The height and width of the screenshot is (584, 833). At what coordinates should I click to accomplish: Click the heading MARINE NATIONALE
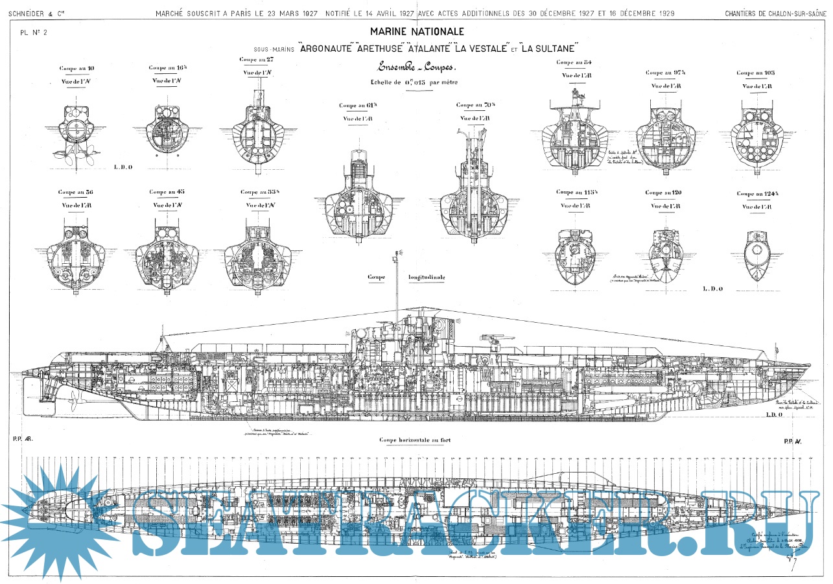(417, 31)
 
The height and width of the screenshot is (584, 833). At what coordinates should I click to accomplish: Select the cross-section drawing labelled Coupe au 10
(76, 130)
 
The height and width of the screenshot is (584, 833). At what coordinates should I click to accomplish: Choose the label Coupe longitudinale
(406, 277)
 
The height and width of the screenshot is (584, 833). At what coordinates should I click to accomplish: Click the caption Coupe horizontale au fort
(415, 440)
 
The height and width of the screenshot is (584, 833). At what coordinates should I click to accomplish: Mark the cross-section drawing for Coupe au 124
(755, 256)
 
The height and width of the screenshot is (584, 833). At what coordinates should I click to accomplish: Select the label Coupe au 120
(663, 193)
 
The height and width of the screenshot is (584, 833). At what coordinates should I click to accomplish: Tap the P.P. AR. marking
(23, 439)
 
